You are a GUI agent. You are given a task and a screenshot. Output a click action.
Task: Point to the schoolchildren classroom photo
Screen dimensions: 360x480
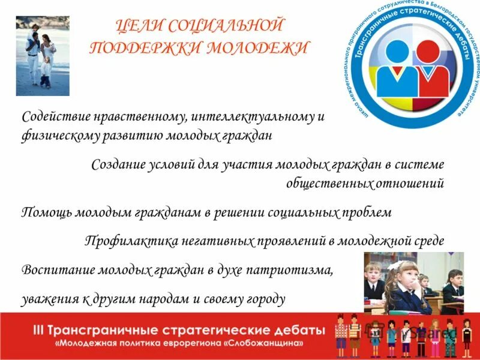413,283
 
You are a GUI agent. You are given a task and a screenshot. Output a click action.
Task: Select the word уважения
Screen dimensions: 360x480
47,298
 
